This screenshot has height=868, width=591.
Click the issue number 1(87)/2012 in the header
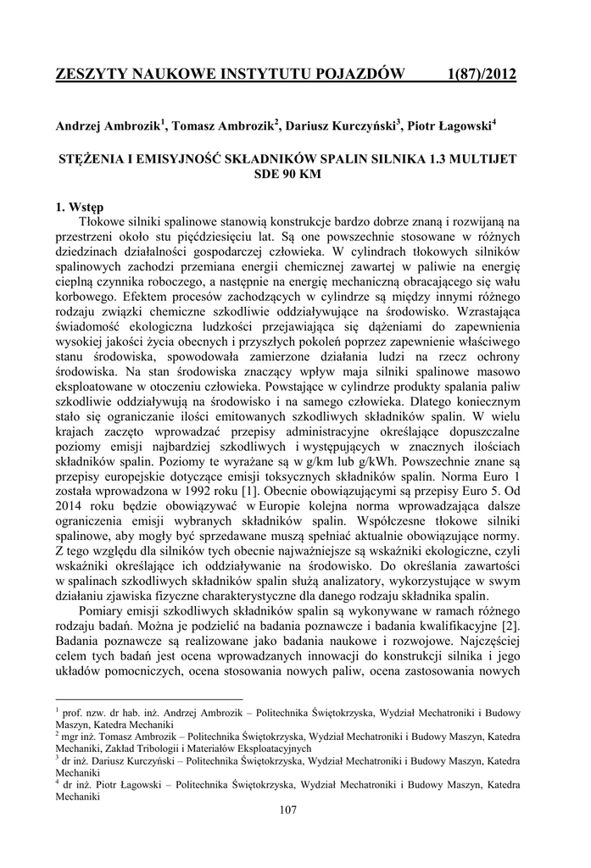coord(481,75)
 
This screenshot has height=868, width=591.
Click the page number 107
coord(287,810)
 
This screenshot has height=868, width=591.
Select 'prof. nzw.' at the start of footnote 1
coord(81,714)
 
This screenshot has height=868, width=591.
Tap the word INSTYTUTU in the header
coord(276,75)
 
